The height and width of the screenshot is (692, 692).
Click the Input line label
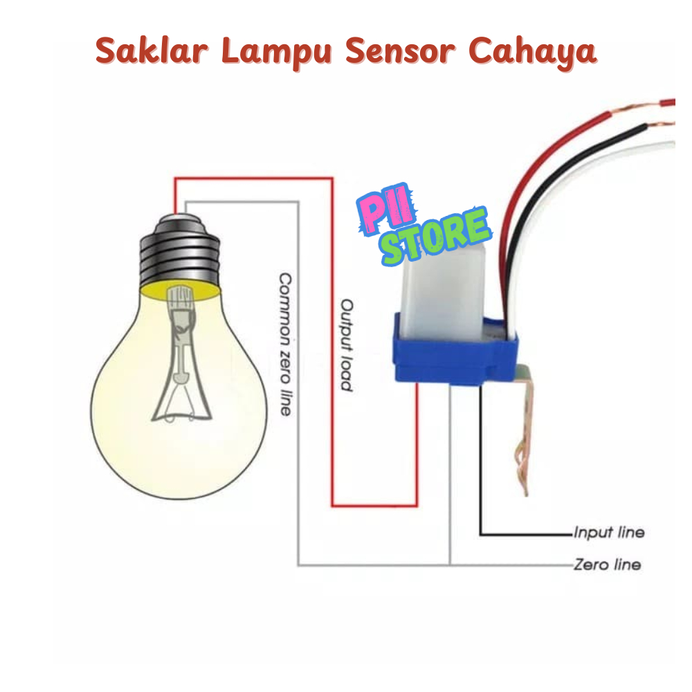(x=609, y=533)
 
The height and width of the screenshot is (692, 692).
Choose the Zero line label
(x=607, y=565)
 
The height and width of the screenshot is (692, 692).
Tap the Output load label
(x=347, y=345)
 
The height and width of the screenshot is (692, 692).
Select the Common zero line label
(x=284, y=343)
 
